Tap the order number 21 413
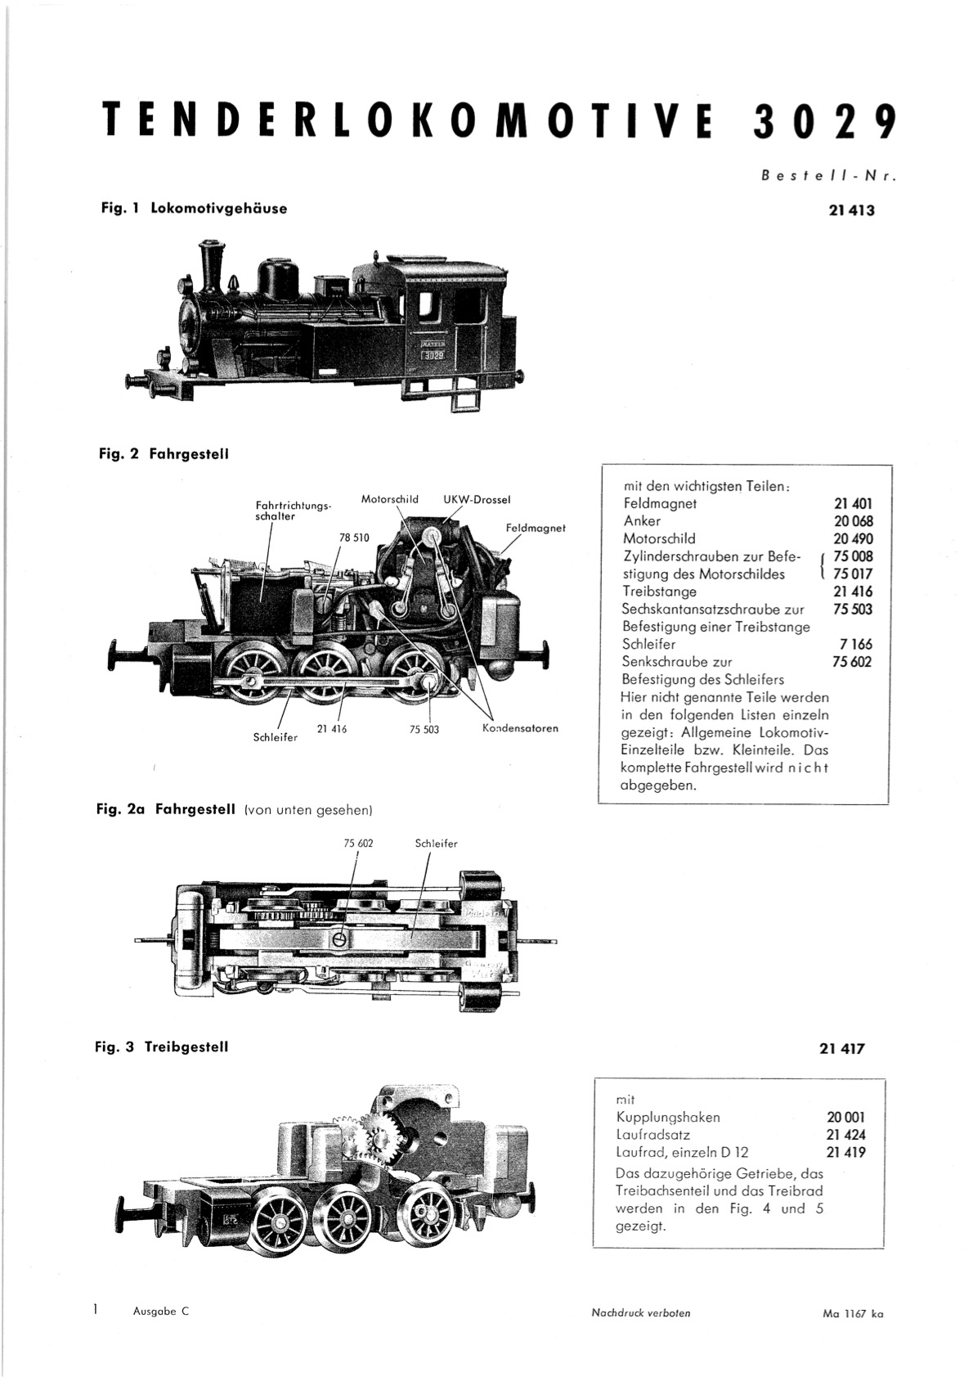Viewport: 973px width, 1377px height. (x=850, y=211)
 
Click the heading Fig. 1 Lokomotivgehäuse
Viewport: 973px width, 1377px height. (x=194, y=209)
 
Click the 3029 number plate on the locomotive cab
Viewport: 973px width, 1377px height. (x=433, y=355)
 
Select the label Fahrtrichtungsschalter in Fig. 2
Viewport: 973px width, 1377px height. (x=293, y=511)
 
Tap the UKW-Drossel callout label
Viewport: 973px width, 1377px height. (x=478, y=500)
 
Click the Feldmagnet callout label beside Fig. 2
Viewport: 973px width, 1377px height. (x=536, y=528)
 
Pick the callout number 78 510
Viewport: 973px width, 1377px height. (x=354, y=538)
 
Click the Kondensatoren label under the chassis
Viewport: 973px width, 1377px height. (x=520, y=728)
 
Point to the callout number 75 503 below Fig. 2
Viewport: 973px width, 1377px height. (x=424, y=730)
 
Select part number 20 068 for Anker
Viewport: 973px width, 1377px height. (x=854, y=521)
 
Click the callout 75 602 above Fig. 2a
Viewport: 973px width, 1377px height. (x=358, y=844)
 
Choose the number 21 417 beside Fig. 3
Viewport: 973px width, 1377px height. (x=841, y=1049)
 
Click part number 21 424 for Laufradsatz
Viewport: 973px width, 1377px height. (x=845, y=1135)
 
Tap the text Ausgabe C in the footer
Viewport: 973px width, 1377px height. (x=161, y=1312)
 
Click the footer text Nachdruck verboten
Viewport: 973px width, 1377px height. (x=641, y=1313)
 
